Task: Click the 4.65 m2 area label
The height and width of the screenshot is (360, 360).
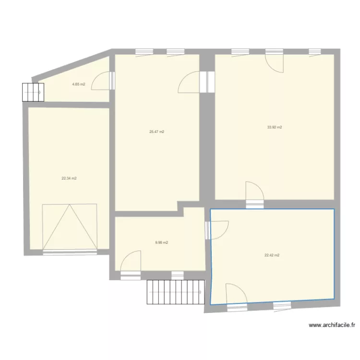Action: (79, 84)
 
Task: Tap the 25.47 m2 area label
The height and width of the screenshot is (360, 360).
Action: (157, 132)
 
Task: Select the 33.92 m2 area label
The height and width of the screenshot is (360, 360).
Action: (275, 127)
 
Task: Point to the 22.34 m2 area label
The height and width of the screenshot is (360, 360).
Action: (69, 179)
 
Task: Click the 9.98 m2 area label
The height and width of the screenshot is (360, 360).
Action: (162, 242)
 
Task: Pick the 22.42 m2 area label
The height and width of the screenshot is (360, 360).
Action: (272, 255)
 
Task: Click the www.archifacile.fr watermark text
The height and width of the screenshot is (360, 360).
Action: (332, 325)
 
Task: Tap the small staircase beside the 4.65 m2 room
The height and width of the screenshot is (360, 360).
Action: (33, 92)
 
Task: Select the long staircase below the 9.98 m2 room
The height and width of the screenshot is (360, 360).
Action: (176, 292)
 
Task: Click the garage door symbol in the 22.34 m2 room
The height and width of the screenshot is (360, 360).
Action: (70, 227)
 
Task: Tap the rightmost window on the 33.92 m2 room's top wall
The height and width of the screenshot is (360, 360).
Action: (315, 53)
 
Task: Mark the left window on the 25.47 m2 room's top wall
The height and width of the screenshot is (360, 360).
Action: (144, 53)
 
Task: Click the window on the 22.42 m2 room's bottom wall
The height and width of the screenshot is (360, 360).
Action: (282, 307)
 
